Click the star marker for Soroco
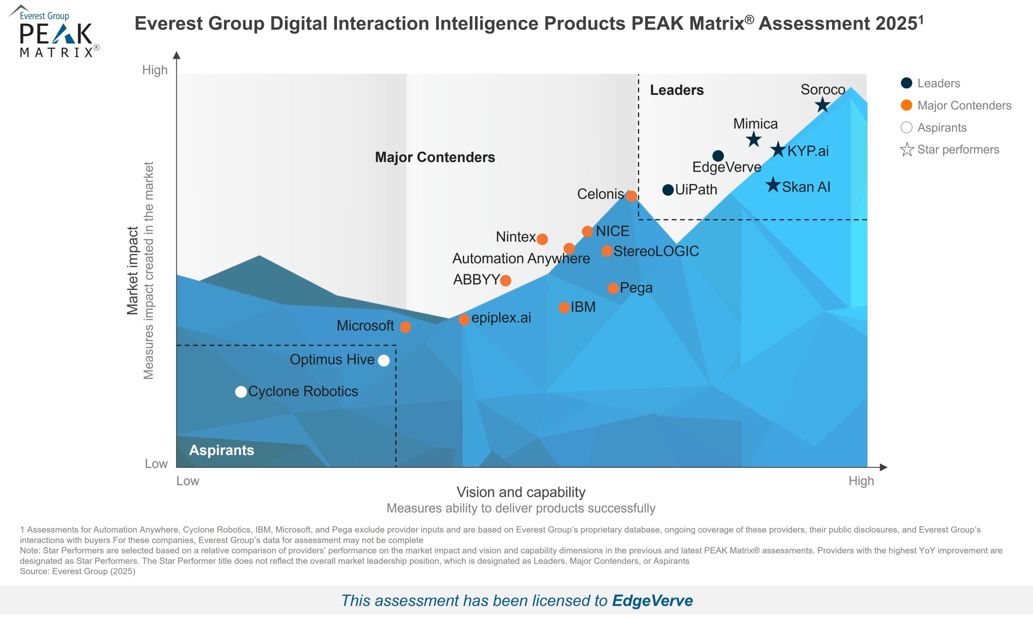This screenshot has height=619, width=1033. [822, 105]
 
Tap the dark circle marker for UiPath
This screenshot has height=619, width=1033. [668, 190]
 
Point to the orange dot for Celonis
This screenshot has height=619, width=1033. [632, 196]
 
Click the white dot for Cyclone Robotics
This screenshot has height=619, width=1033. [241, 392]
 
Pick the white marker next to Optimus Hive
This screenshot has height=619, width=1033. [384, 361]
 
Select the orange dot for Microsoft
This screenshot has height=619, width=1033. [405, 327]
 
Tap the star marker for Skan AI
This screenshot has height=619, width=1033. [773, 185]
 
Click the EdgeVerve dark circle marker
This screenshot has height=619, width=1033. [718, 156]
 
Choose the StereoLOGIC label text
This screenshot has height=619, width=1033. [656, 251]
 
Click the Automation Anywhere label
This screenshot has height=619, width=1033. [521, 258]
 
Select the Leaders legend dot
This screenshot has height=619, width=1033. [906, 83]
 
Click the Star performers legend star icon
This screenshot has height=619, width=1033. [907, 149]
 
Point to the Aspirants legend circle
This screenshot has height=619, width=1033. [906, 127]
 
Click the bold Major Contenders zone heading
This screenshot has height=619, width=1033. [435, 157]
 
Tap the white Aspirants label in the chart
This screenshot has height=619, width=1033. [222, 450]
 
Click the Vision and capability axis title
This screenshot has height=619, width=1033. [521, 492]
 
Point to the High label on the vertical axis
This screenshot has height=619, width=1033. [155, 70]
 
